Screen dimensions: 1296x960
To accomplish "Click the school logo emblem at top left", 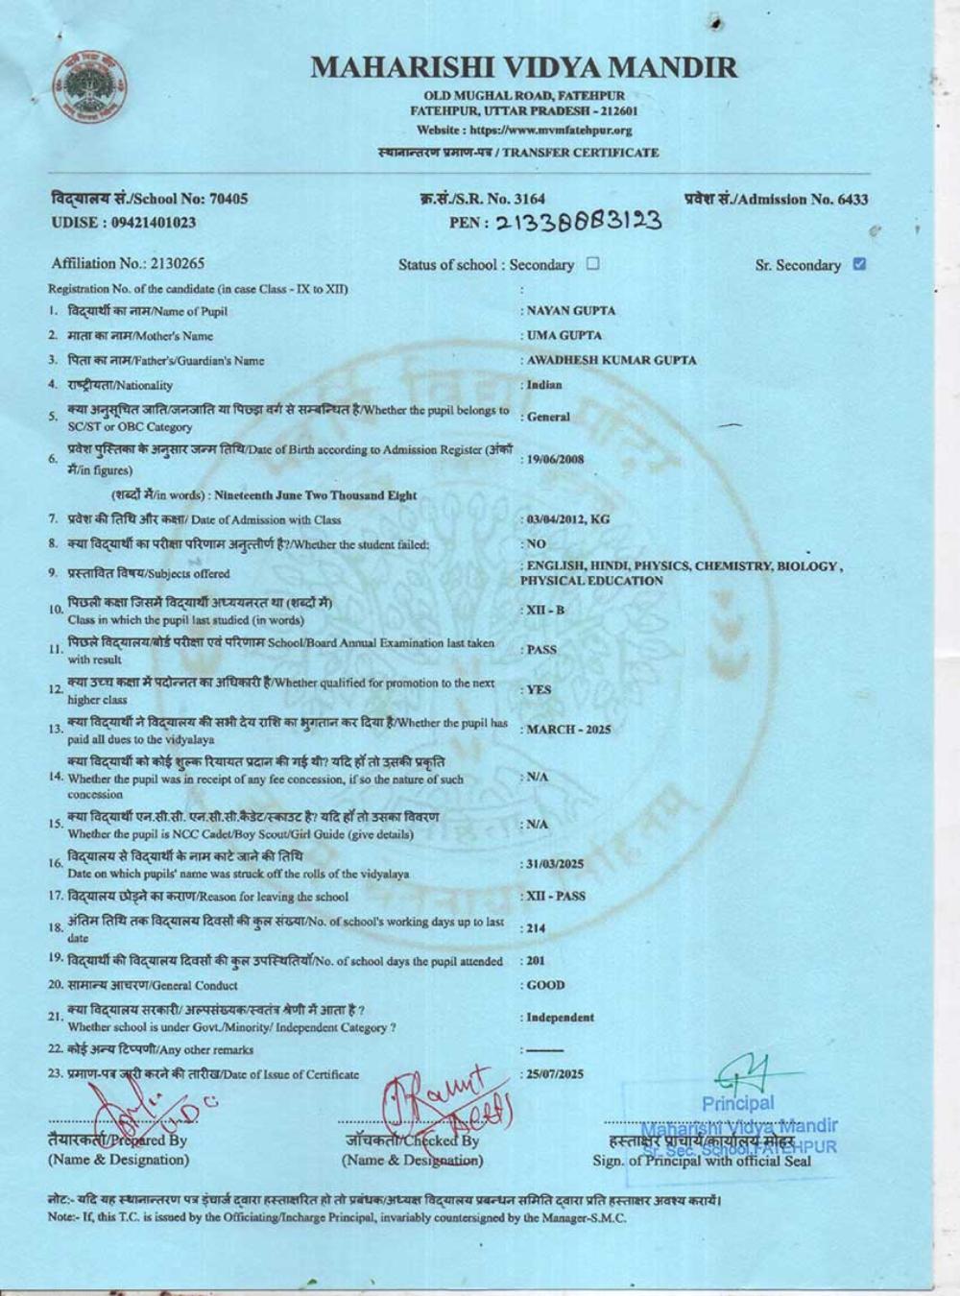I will (x=91, y=86).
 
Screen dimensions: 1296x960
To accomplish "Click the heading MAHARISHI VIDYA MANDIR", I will (x=524, y=67).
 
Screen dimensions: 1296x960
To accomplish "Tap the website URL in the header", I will (x=524, y=130).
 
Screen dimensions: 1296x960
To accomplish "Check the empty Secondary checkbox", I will (x=592, y=264).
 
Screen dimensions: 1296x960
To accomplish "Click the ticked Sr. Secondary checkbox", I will (x=859, y=264).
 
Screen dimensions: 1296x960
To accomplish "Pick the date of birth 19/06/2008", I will (x=555, y=459).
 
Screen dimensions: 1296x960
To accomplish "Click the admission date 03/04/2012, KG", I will (x=568, y=519).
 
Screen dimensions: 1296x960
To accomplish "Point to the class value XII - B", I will (x=545, y=611).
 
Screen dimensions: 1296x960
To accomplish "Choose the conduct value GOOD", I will (x=545, y=985).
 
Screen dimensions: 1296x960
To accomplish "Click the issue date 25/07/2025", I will (x=555, y=1074).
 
